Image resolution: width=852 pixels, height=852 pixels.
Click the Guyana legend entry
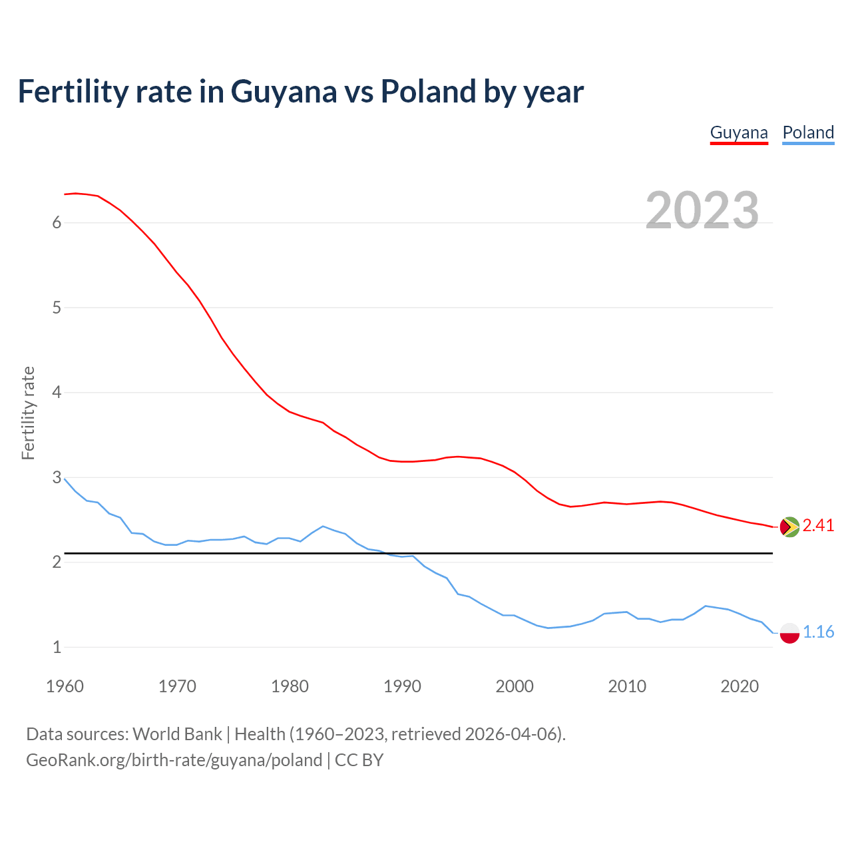(x=739, y=132)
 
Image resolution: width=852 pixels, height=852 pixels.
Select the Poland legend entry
(x=808, y=132)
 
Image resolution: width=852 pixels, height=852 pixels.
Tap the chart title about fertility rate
(x=300, y=91)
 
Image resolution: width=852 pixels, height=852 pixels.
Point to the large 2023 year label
(x=702, y=210)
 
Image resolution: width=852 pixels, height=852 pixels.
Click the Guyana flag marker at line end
(x=789, y=527)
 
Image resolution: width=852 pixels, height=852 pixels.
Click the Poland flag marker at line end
(x=789, y=632)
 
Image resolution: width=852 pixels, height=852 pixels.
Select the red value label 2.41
(x=818, y=526)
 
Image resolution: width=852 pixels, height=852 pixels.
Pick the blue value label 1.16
(x=818, y=632)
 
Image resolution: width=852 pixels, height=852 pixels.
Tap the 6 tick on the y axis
(x=57, y=223)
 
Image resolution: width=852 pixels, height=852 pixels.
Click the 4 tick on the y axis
(x=57, y=393)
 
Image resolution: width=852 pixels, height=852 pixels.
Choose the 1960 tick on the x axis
(x=65, y=686)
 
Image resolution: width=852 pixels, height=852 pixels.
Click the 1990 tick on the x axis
(x=402, y=686)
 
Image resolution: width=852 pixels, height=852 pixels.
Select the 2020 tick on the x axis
(x=740, y=686)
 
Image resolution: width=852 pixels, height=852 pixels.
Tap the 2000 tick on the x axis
(x=515, y=686)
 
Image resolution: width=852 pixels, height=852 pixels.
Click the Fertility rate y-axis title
(x=28, y=413)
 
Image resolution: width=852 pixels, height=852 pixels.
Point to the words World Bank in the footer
(x=177, y=734)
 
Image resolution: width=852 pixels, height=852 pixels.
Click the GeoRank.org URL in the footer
(x=174, y=760)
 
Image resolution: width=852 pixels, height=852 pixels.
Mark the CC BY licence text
(x=359, y=760)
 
